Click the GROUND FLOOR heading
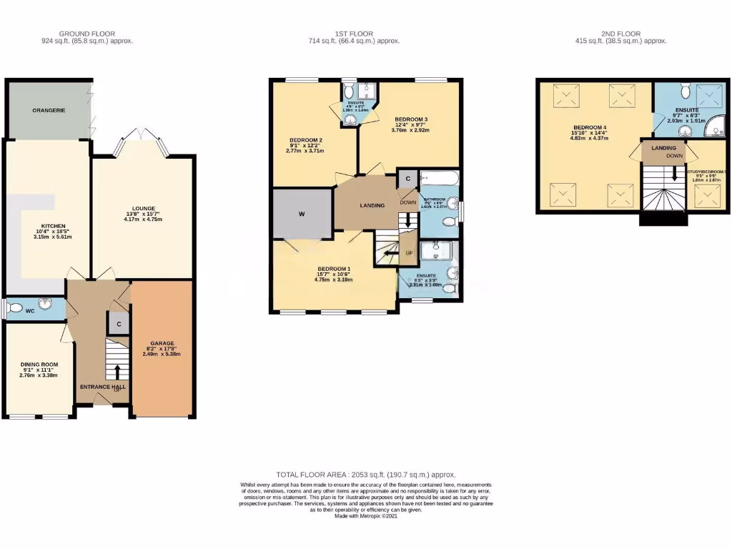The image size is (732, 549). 86,34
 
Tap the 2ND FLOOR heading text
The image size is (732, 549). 620,34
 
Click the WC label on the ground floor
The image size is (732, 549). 29,311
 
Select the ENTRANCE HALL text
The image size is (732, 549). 103,387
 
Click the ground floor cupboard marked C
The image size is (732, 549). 117,323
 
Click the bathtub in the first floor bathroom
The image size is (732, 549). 437,179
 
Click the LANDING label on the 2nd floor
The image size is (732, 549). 654,148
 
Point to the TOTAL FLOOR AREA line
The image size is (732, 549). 365,475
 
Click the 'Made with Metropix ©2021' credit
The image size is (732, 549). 365,515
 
